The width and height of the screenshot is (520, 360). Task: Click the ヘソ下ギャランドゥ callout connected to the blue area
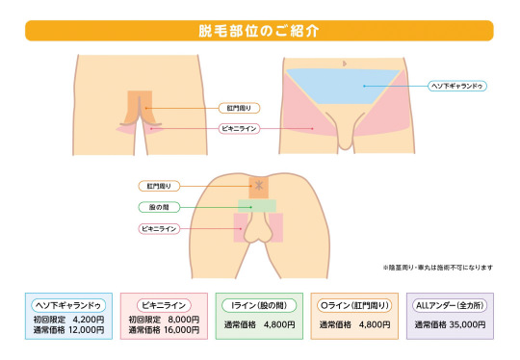coord(457,86)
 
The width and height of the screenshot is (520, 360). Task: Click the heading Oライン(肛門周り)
coord(353,305)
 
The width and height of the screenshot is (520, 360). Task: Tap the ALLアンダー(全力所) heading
coord(450,305)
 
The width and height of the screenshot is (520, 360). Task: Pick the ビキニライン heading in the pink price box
coord(161,304)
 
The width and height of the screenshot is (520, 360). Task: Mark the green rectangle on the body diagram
coord(258,205)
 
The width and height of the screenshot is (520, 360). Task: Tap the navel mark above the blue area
coord(345,63)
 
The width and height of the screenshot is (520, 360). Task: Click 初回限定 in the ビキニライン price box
coord(142,318)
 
